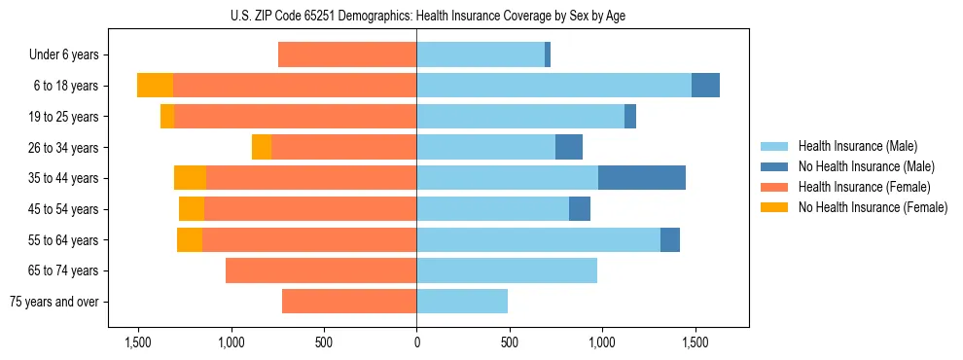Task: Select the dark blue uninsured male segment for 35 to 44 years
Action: click(642, 178)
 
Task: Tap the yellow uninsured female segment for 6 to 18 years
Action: click(155, 86)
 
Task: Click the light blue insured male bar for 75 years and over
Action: click(462, 302)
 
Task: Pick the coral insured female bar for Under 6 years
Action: click(347, 54)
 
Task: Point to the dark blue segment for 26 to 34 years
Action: click(569, 147)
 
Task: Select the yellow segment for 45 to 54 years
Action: click(192, 209)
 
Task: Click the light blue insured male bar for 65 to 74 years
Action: click(507, 270)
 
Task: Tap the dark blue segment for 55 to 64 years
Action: click(670, 239)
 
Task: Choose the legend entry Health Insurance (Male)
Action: click(852, 146)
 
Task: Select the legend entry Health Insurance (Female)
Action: click(858, 187)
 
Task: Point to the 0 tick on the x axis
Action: click(416, 342)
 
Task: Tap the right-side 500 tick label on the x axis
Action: click(509, 342)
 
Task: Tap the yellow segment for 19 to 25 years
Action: click(167, 117)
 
